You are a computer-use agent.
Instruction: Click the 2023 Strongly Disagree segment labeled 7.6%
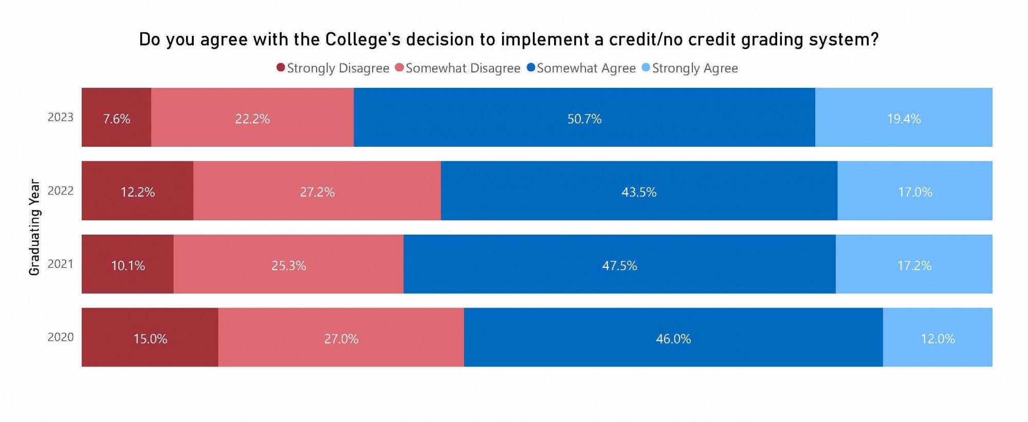click(x=116, y=117)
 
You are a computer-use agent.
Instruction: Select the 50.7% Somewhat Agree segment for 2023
click(x=584, y=117)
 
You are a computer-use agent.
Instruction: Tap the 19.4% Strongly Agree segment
click(x=903, y=117)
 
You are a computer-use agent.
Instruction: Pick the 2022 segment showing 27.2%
click(x=317, y=191)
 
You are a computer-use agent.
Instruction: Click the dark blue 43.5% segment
click(x=639, y=191)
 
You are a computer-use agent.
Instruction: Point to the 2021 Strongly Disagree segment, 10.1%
click(x=127, y=264)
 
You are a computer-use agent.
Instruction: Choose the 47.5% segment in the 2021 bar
click(x=619, y=264)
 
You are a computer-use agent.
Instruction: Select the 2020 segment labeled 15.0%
click(x=150, y=338)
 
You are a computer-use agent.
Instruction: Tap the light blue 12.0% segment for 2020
click(x=937, y=338)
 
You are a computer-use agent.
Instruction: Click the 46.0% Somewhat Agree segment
click(x=673, y=338)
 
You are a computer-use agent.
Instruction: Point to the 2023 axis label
click(x=61, y=117)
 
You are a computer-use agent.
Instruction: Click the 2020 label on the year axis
click(x=61, y=337)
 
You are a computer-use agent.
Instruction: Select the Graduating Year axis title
click(x=34, y=227)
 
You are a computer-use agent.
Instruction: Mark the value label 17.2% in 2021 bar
click(x=914, y=265)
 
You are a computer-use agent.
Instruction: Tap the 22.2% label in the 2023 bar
click(x=252, y=119)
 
